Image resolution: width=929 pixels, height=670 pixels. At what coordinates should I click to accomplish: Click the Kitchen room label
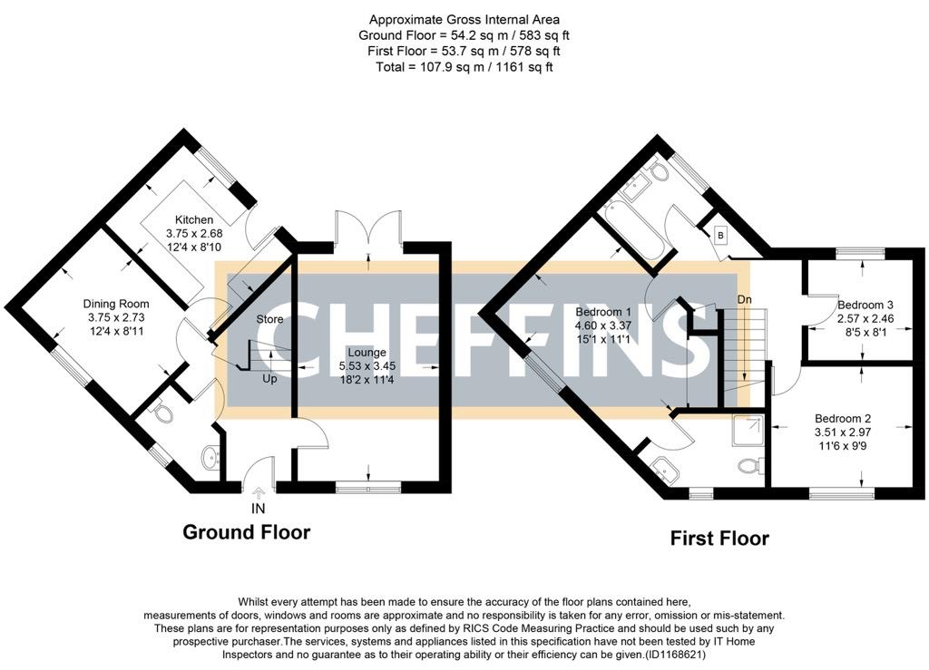[194, 219]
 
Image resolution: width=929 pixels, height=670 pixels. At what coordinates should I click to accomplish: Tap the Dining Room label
[116, 304]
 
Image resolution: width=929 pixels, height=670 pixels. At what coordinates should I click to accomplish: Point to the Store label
[269, 319]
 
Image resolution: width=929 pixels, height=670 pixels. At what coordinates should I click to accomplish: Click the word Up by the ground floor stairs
[270, 378]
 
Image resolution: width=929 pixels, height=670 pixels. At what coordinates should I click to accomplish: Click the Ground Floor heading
[246, 532]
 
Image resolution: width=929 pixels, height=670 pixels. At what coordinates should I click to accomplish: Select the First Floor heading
[719, 539]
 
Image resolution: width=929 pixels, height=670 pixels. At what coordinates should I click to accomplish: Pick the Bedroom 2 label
[843, 418]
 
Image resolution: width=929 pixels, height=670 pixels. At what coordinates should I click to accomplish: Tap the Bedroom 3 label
[865, 305]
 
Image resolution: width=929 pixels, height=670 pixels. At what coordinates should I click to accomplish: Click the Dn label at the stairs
[744, 300]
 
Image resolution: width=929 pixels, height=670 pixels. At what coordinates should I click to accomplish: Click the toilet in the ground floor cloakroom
[161, 413]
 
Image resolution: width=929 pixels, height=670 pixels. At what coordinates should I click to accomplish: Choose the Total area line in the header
[464, 66]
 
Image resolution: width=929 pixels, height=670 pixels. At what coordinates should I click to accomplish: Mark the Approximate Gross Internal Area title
[464, 19]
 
